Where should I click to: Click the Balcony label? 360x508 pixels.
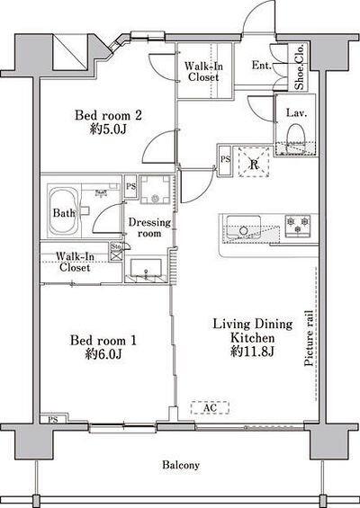[181, 465]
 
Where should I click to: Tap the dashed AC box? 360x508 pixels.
[210, 407]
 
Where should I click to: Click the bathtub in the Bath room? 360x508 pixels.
[64, 211]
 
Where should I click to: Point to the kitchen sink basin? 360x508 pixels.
[244, 225]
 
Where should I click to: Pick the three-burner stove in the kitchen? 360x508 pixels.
[297, 225]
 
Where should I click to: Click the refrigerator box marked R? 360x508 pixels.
[254, 162]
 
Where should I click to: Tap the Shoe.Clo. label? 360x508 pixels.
[299, 67]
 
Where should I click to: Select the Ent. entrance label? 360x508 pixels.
[261, 65]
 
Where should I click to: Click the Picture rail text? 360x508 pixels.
[309, 338]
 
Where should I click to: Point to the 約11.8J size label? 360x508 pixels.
[253, 352]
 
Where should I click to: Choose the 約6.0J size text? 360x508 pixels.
[103, 354]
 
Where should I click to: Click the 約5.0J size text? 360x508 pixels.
[108, 129]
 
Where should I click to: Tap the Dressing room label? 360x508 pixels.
[149, 227]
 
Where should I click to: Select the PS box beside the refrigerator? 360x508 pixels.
[225, 160]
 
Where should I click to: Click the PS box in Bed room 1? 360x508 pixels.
[53, 420]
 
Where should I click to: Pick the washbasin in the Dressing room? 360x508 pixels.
[146, 268]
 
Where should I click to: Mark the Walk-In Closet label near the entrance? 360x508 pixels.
[203, 72]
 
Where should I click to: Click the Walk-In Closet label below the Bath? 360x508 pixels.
[75, 263]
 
